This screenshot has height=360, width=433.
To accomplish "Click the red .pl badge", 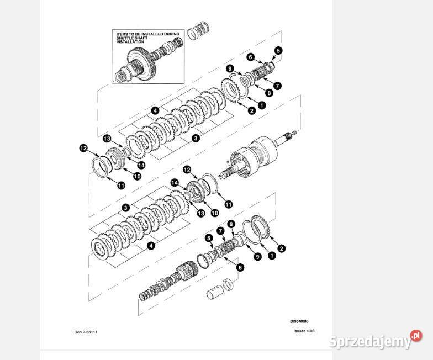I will click(x=416, y=336).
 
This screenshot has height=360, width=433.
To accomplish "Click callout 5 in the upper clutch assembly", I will click(x=278, y=50).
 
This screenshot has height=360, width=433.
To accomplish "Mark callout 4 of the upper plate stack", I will click(x=156, y=110).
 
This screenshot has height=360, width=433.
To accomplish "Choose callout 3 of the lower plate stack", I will click(x=126, y=208).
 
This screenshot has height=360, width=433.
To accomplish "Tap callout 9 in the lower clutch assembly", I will click(x=257, y=257).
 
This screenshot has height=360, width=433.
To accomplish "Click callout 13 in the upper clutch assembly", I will click(x=107, y=137).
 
